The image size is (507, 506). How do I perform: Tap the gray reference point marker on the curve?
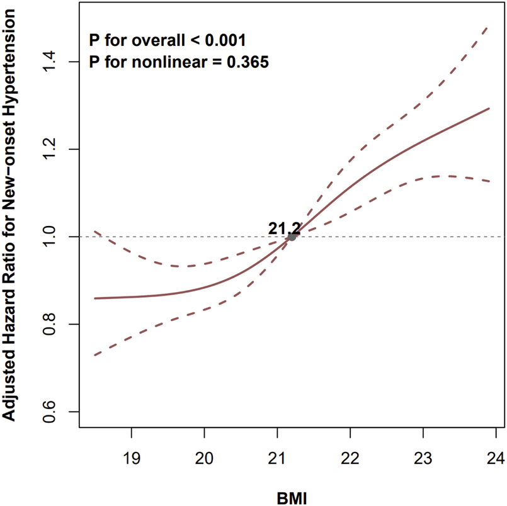[292, 237]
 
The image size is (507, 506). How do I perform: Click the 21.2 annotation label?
[284, 228]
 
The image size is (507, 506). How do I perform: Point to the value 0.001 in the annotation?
[222, 41]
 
